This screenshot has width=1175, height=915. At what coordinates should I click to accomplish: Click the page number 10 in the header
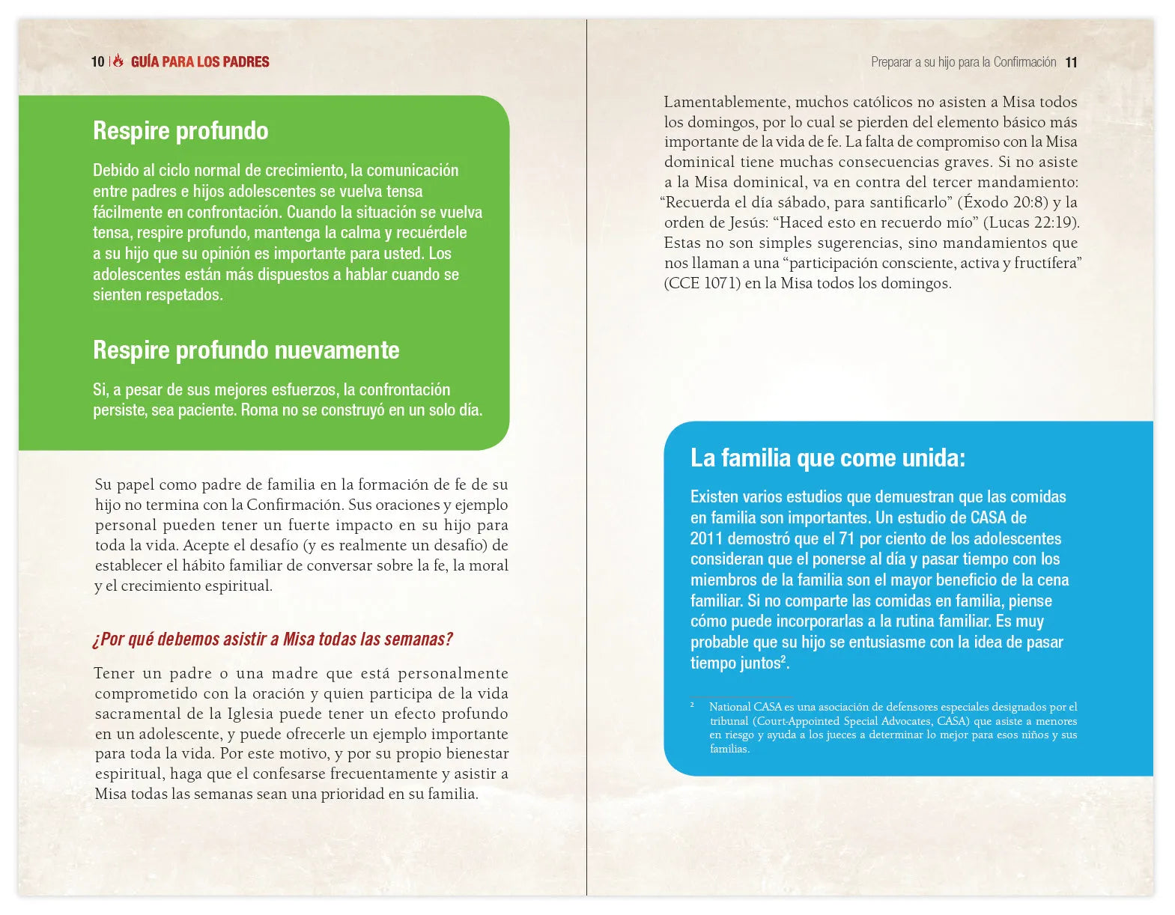coord(97,62)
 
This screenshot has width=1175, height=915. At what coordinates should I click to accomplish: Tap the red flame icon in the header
coord(118,61)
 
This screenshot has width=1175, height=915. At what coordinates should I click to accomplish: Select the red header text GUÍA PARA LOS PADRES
coord(200,62)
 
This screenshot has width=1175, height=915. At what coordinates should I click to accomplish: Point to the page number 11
coord(1071,63)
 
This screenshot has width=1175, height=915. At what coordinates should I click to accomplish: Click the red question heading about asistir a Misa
coord(273,639)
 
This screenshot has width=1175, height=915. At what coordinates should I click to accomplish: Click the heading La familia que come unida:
coord(828,458)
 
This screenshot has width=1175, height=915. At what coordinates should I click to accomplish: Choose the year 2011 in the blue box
coord(706,538)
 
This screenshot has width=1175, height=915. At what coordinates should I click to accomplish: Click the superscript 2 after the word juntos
coord(783,659)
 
